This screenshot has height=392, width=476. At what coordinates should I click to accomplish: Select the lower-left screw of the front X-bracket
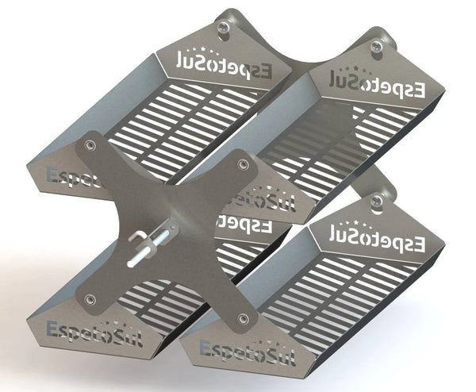(90, 299)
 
